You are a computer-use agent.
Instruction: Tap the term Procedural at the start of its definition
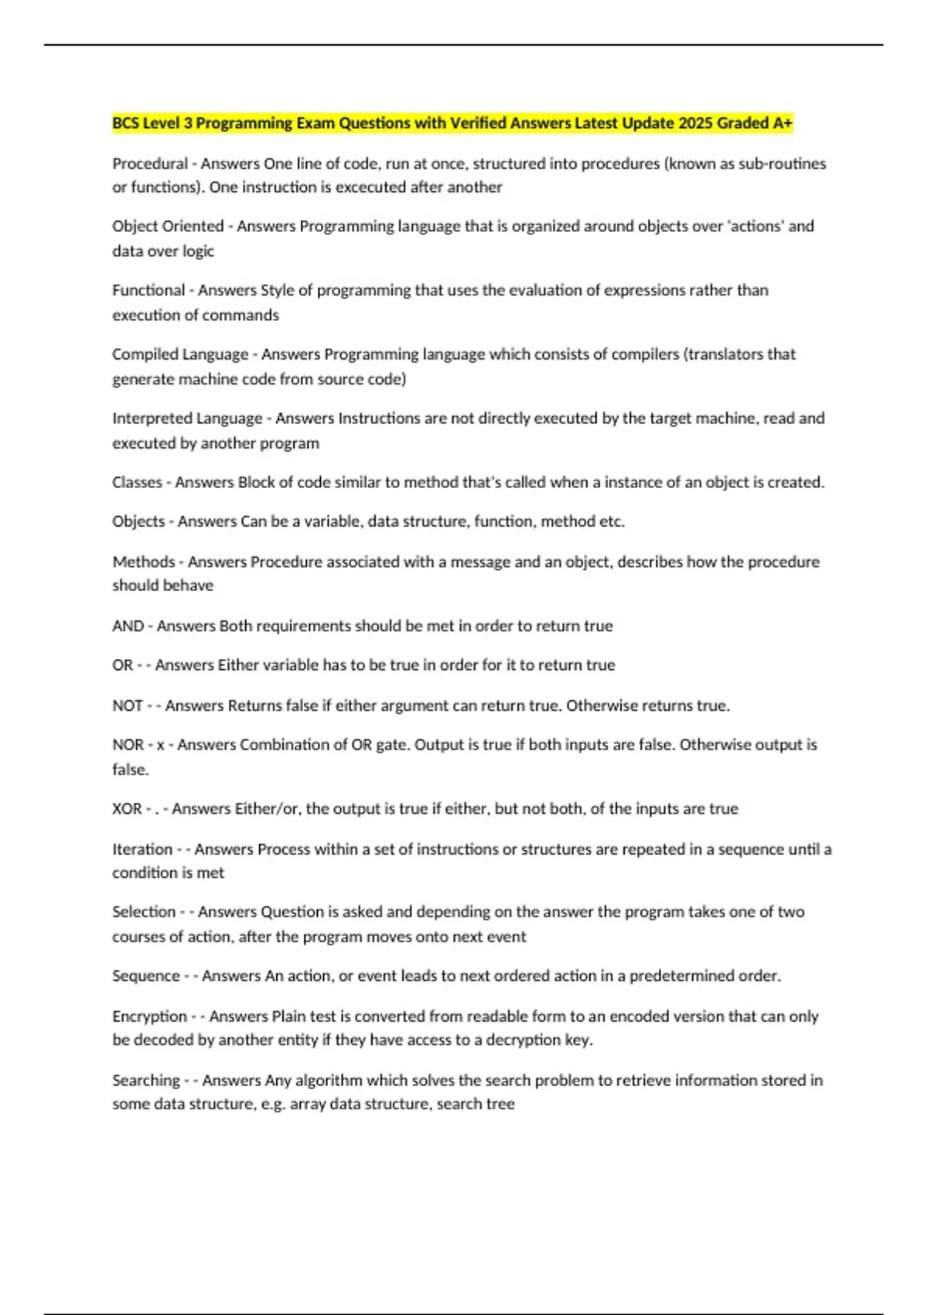coord(150,163)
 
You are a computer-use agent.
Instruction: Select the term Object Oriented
coord(168,226)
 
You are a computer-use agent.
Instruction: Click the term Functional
coord(148,290)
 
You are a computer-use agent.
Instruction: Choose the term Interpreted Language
coord(187,418)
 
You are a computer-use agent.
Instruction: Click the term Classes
coord(137,482)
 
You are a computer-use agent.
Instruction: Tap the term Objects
coord(138,521)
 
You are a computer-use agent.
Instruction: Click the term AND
coord(128,626)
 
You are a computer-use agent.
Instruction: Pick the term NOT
coord(128,705)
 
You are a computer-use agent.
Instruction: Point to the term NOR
coord(128,744)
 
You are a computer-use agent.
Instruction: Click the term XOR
coord(127,808)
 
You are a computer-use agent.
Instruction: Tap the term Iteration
coord(142,849)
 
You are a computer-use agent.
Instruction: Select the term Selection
coord(144,911)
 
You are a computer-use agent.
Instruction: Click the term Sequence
coord(146,975)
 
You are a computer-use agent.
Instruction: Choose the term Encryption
coord(149,1016)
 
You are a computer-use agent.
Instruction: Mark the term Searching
coord(146,1080)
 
